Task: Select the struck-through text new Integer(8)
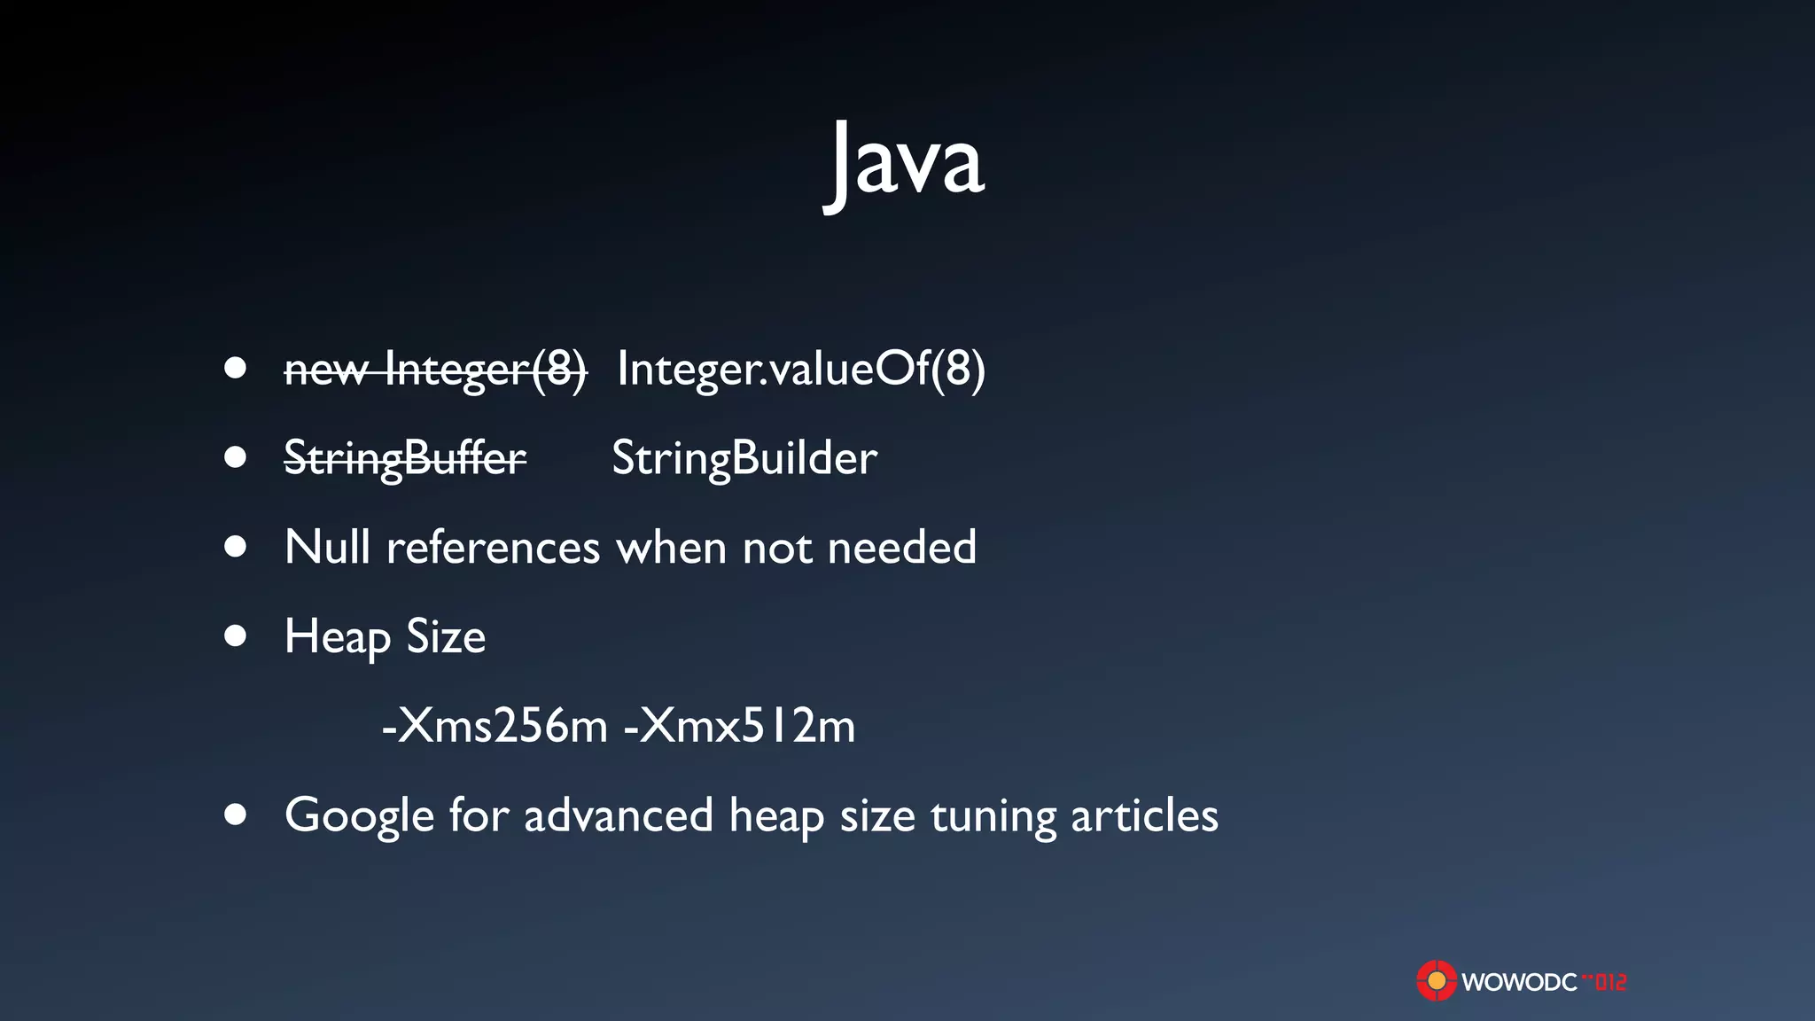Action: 435,370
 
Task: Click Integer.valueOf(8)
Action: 801,369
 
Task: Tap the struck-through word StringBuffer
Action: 405,459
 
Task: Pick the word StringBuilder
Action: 744,459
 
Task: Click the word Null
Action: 327,547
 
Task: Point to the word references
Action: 494,548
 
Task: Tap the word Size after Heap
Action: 446,636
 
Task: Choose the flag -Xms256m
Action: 495,726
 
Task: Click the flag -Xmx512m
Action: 740,726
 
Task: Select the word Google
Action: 359,816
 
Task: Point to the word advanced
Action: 619,815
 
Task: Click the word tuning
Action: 993,816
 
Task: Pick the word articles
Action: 1144,815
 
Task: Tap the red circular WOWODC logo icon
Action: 1436,981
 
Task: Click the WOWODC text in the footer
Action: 1519,982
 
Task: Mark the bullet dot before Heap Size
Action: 235,635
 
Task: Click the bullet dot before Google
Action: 235,814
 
